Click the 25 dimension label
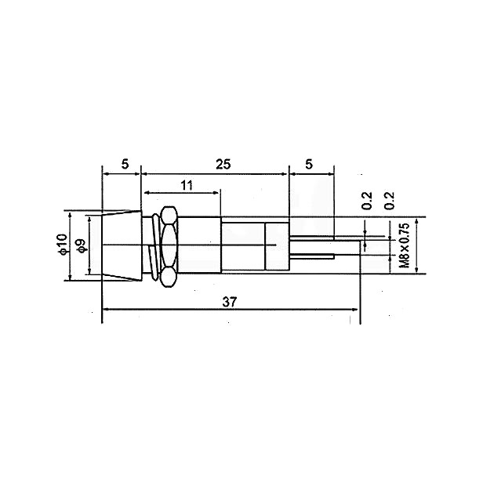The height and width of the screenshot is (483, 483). click(223, 164)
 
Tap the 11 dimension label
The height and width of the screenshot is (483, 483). click(187, 185)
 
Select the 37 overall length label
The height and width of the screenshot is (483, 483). click(230, 302)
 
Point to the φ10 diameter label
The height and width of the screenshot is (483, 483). click(63, 245)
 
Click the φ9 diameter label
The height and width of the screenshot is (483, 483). click(81, 246)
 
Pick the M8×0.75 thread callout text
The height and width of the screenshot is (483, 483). click(405, 245)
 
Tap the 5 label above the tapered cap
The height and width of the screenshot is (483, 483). click(125, 164)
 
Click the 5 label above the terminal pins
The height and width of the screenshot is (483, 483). click(309, 164)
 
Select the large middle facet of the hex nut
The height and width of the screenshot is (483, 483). click(169, 245)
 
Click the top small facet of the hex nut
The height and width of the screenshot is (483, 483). click(169, 216)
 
